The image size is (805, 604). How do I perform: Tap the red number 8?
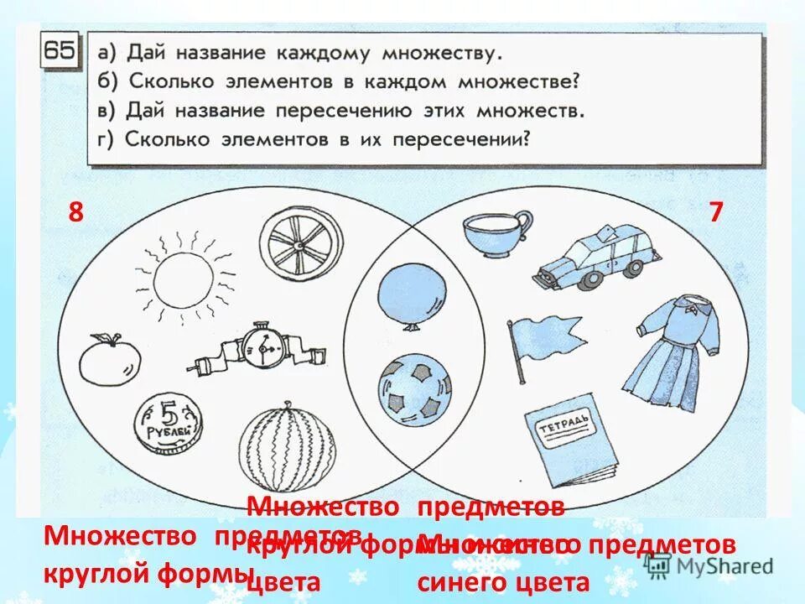pos(76,212)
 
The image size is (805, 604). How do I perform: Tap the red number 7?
pos(715,212)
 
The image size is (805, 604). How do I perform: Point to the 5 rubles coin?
pos(169,423)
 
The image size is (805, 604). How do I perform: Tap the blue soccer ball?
pos(413,389)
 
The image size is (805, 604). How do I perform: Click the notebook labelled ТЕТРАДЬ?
pos(570,443)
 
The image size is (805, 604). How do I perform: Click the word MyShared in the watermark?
pos(722,565)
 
